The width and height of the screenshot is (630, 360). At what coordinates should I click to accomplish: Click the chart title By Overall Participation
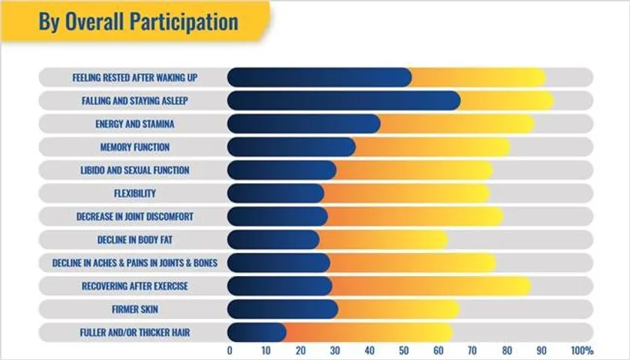click(138, 22)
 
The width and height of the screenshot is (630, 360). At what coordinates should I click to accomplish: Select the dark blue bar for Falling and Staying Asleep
click(343, 100)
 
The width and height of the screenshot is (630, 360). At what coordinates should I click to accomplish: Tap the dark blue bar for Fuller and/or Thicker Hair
click(256, 332)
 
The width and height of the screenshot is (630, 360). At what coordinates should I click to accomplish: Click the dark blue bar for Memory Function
click(291, 147)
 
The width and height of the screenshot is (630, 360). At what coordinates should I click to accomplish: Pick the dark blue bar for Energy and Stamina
click(303, 124)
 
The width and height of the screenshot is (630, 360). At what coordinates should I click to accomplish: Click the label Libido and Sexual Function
click(135, 170)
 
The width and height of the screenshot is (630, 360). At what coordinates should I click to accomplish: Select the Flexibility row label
click(135, 193)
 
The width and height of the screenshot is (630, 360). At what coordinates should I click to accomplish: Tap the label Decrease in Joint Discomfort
click(135, 217)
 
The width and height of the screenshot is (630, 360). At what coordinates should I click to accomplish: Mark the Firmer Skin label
click(135, 309)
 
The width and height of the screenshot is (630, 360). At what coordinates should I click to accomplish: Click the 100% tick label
click(582, 350)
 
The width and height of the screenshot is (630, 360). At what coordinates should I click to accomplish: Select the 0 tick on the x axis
click(229, 350)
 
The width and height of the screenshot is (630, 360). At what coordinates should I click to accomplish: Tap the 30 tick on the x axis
click(335, 350)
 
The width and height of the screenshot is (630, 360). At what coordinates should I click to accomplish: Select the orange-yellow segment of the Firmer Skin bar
click(398, 309)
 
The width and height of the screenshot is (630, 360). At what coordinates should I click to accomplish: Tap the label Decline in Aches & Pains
click(135, 263)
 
